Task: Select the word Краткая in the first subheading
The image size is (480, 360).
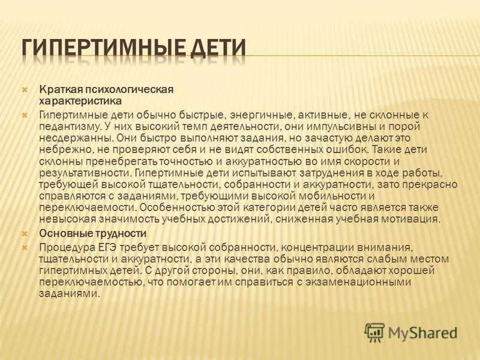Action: click(61, 89)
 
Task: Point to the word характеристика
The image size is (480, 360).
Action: click(80, 101)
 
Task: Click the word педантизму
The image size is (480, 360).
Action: click(70, 127)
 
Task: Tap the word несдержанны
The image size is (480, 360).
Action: click(76, 138)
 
